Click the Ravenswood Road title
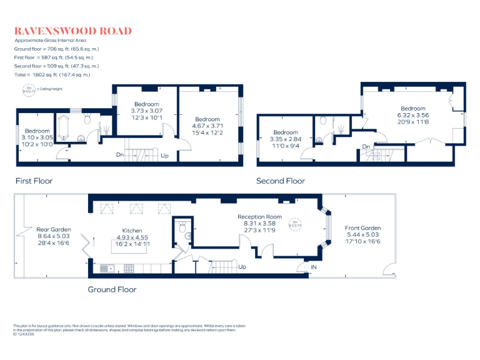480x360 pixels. pyautogui.click(x=73, y=31)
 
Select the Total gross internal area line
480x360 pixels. pyautogui.click(x=52, y=74)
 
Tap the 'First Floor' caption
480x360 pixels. pyautogui.click(x=34, y=181)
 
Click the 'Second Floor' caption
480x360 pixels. pyautogui.click(x=281, y=181)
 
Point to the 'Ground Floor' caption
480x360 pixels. pyautogui.click(x=112, y=289)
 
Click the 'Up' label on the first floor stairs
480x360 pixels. pyautogui.click(x=164, y=156)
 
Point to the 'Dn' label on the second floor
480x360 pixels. pyautogui.click(x=365, y=147)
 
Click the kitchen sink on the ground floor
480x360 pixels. pyautogui.click(x=105, y=269)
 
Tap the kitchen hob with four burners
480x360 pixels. pyautogui.click(x=129, y=269)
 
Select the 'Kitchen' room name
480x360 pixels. pyautogui.click(x=132, y=231)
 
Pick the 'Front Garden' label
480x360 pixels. pyautogui.click(x=362, y=228)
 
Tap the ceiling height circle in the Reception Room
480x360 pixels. pyautogui.click(x=294, y=222)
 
